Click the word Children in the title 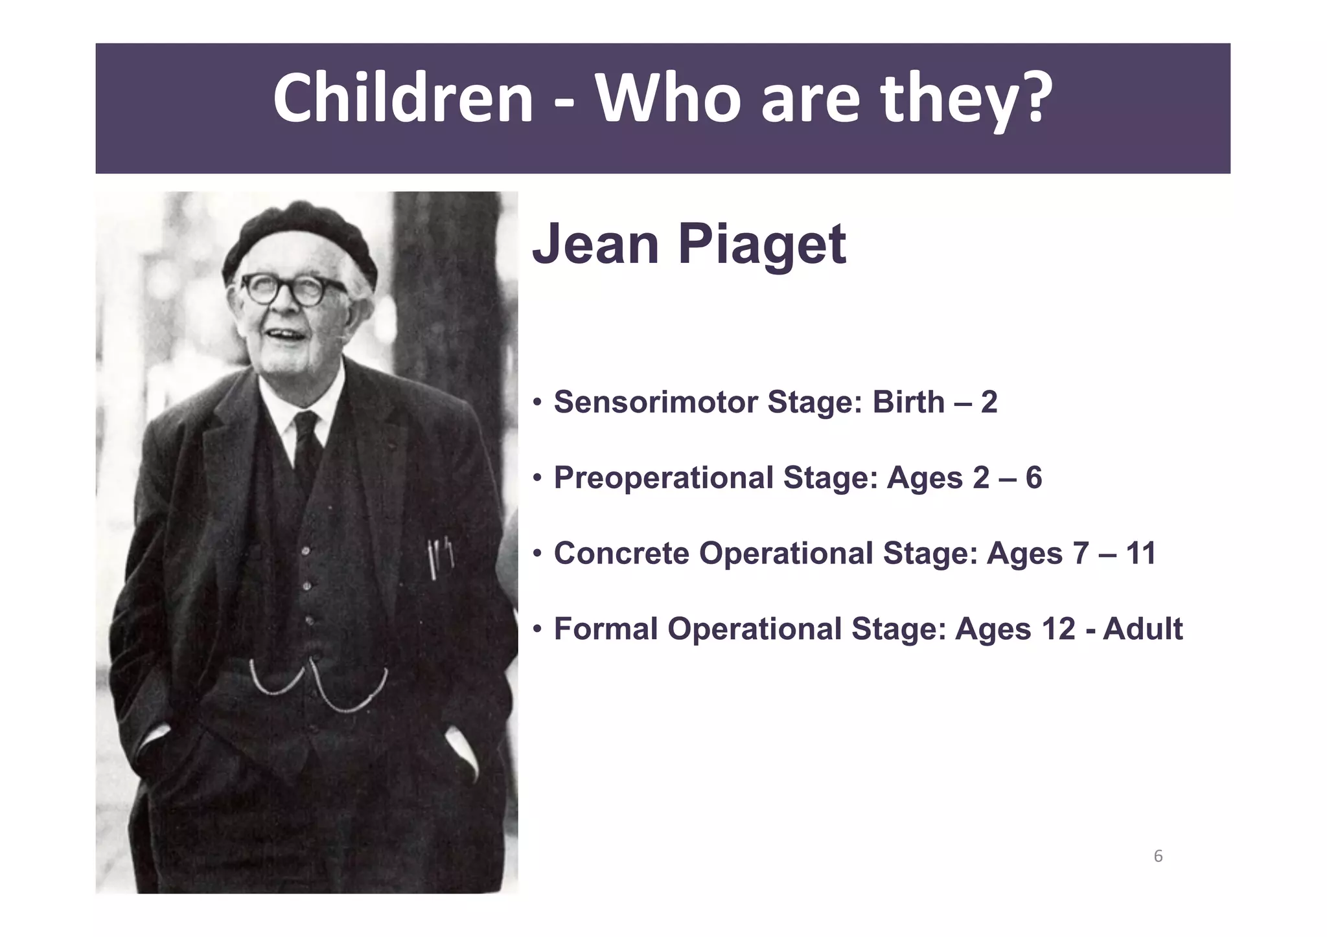[x=402, y=98]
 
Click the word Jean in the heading [x=595, y=245]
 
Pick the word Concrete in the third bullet [x=621, y=554]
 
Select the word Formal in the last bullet [x=605, y=629]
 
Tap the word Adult [x=1142, y=629]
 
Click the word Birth [x=908, y=402]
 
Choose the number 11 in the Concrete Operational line [x=1141, y=554]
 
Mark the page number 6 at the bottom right [x=1158, y=857]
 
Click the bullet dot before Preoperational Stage [x=537, y=479]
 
